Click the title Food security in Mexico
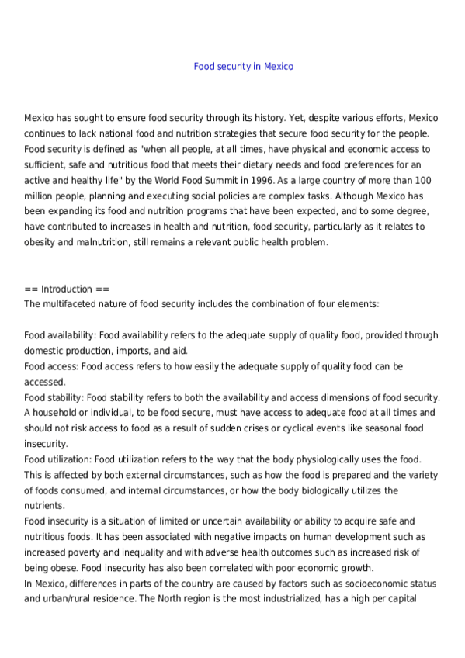point(243,67)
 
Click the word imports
point(130,351)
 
